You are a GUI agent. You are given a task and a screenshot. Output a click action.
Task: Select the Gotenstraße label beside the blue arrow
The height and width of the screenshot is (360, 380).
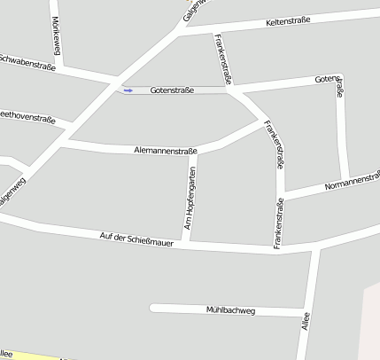click(172, 90)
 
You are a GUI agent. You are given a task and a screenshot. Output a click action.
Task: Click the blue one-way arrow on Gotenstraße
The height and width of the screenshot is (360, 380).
click(128, 90)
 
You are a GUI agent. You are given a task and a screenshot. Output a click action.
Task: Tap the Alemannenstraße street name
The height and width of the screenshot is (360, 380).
click(165, 151)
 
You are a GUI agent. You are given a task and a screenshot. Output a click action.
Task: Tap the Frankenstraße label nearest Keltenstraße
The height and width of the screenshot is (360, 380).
click(224, 59)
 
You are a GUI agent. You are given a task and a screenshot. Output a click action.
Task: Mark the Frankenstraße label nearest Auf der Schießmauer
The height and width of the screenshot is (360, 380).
click(277, 222)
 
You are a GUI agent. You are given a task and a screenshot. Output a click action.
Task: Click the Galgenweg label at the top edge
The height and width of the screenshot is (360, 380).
click(193, 9)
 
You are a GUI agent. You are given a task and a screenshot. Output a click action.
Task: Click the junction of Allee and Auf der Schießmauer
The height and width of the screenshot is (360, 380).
click(314, 250)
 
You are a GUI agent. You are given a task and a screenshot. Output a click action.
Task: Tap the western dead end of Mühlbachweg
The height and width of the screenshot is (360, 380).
click(152, 309)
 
